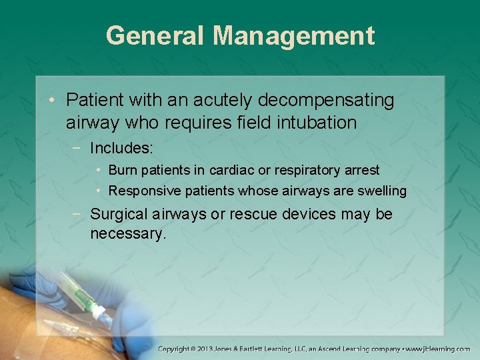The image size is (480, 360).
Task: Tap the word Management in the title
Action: coord(294,35)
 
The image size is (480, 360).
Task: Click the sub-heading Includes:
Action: coord(121,147)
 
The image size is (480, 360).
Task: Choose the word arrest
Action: coord(361,170)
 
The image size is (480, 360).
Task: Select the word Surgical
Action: coord(117,215)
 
